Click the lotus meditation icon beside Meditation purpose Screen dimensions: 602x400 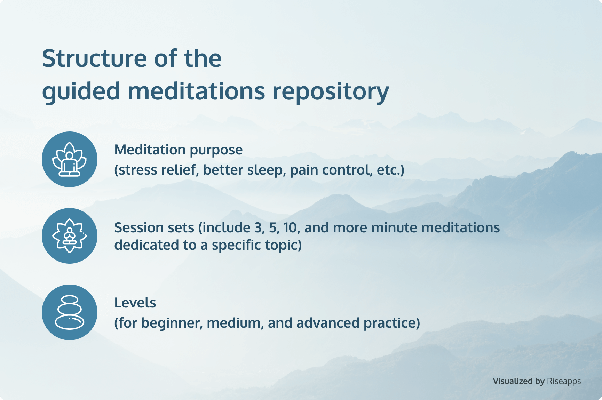(x=70, y=159)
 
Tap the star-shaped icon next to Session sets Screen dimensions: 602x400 (x=70, y=236)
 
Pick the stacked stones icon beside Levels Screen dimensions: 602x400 (x=70, y=312)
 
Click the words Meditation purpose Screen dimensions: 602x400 (x=179, y=150)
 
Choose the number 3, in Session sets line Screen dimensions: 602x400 (x=260, y=228)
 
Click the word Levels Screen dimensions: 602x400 (x=135, y=303)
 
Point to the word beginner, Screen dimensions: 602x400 (x=172, y=323)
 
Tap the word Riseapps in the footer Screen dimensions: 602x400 (x=564, y=381)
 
